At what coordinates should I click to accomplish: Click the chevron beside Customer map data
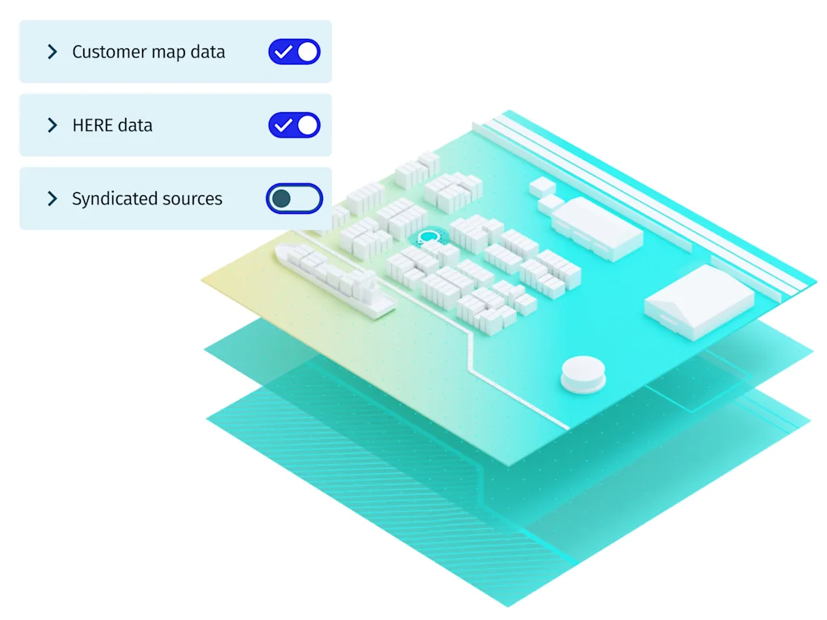click(52, 52)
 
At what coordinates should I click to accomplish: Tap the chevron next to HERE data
click(52, 125)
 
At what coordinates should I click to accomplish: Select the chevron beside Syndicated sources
click(52, 199)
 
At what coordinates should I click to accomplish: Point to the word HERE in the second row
click(90, 125)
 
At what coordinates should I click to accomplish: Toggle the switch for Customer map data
click(294, 52)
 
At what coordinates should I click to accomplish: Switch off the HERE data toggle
click(294, 125)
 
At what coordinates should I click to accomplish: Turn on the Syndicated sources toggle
click(294, 199)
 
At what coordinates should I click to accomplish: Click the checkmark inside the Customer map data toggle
click(283, 52)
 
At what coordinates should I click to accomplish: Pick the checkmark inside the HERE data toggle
click(283, 125)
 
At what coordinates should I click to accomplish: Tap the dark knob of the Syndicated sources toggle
click(281, 199)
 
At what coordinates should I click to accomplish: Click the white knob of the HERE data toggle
click(307, 125)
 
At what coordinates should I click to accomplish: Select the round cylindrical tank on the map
click(582, 374)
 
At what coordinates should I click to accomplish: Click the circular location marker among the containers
click(429, 237)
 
